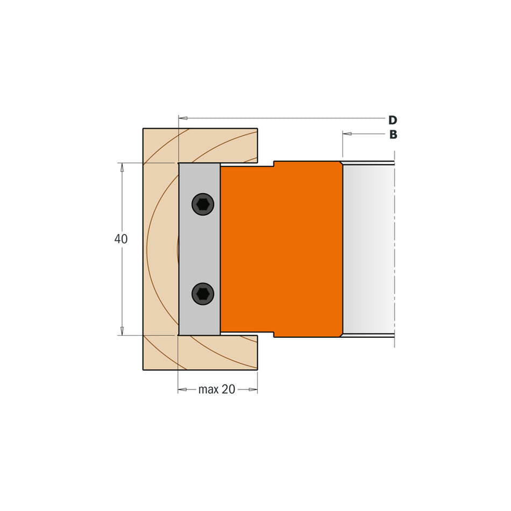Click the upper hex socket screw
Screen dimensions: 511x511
pyautogui.click(x=203, y=204)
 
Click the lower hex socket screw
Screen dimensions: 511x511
pyautogui.click(x=203, y=294)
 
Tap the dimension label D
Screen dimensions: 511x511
pyautogui.click(x=393, y=120)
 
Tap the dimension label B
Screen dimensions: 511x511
pyautogui.click(x=393, y=134)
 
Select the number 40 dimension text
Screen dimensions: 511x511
pyautogui.click(x=121, y=239)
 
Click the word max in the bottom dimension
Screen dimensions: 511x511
pyautogui.click(x=208, y=389)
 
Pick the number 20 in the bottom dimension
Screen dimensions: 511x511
pyautogui.click(x=229, y=389)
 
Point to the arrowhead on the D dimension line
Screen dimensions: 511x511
pyautogui.click(x=183, y=118)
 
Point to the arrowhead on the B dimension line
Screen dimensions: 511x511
pyautogui.click(x=347, y=133)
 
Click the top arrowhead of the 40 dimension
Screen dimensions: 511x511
pyautogui.click(x=122, y=167)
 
